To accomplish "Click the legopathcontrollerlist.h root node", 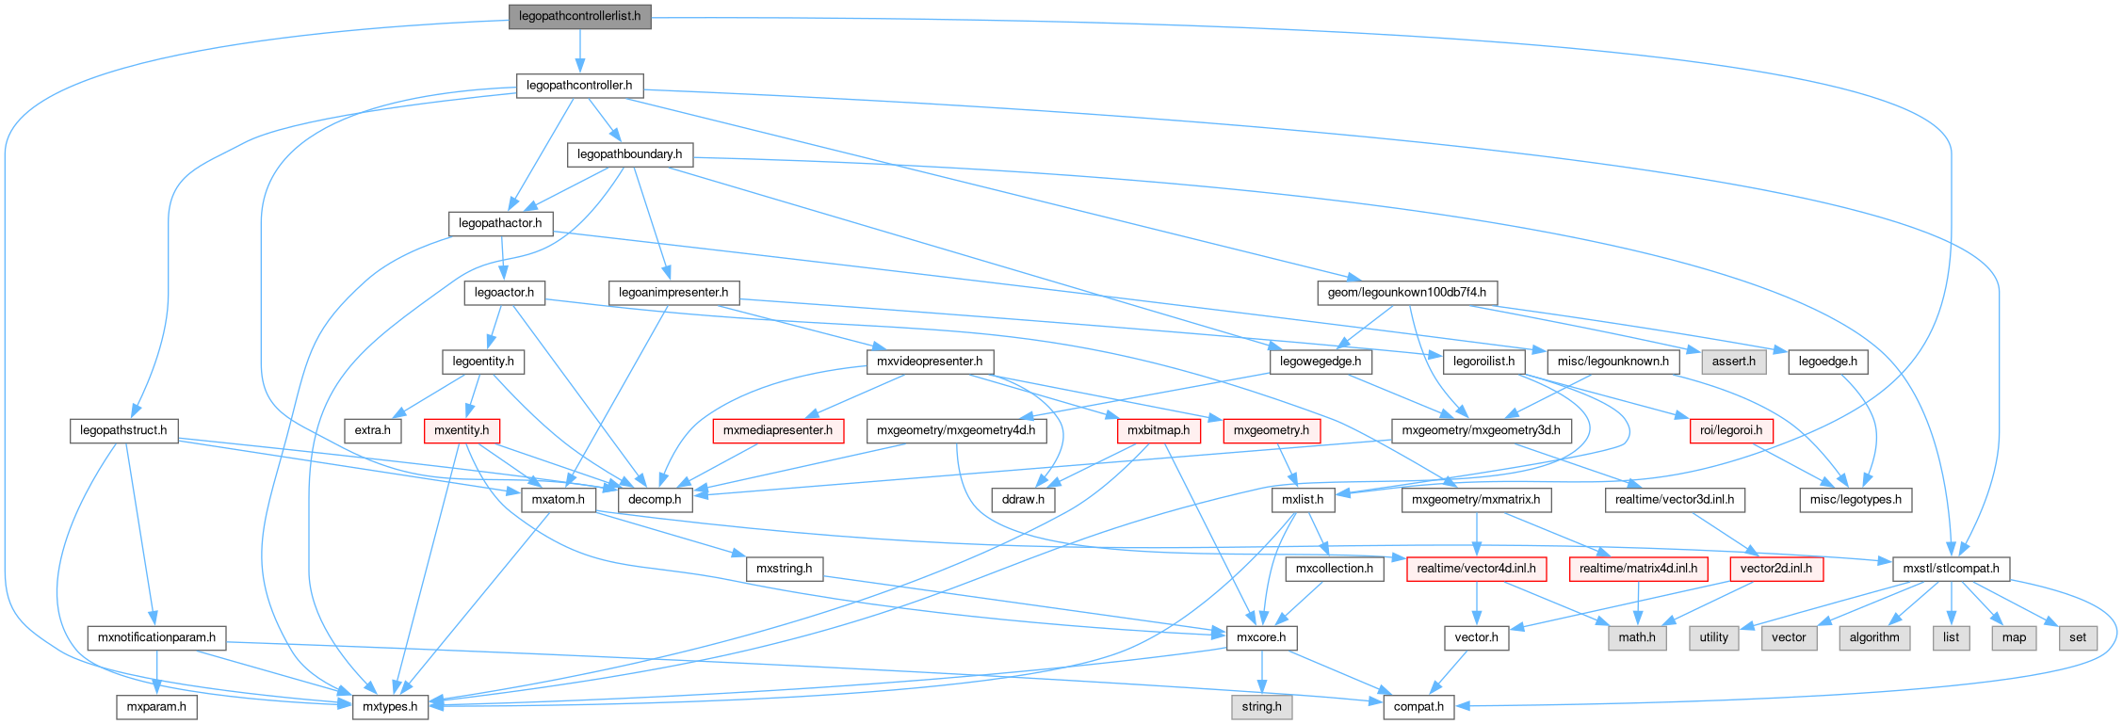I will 579,16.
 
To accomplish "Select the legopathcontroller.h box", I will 579,86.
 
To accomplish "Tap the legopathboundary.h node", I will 629,154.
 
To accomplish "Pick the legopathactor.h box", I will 500,223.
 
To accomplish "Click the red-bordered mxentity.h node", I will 462,430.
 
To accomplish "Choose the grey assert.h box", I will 1733,362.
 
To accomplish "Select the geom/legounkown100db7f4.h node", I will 1406,293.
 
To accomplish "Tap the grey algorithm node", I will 1874,637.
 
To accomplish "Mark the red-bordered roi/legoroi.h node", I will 1731,430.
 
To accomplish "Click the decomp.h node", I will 655,500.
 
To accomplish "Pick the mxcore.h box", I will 1261,637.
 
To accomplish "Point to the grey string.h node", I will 1261,706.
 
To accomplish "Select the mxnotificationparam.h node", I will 156,637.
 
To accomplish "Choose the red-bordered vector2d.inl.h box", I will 1775,569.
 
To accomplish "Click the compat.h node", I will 1418,706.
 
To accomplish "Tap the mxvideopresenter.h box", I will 929,362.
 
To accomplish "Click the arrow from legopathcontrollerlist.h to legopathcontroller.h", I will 579,51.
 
